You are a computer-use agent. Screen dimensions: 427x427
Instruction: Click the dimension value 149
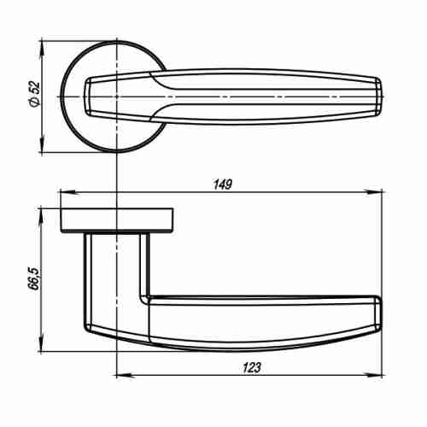pyautogui.click(x=223, y=184)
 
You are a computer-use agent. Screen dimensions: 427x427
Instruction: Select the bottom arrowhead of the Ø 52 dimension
pyautogui.click(x=42, y=150)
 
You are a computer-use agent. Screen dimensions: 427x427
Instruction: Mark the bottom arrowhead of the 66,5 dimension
pyautogui.click(x=42, y=349)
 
